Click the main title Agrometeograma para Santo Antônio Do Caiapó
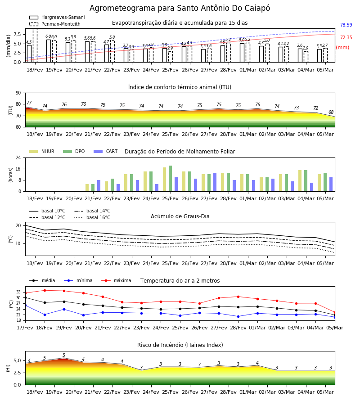pyautogui.click(x=180, y=8)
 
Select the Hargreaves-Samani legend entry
pyautogui.click(x=57, y=17)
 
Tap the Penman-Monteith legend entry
pyautogui.click(x=55, y=24)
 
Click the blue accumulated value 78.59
pyautogui.click(x=346, y=25)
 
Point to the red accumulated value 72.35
pyautogui.click(x=346, y=37)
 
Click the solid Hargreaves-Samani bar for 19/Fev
pyautogui.click(x=49, y=51)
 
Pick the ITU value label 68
pyautogui.click(x=331, y=112)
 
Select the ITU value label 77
pyautogui.click(x=29, y=103)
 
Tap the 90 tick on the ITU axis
pyautogui.click(x=18, y=93)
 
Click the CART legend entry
pyautogui.click(x=106, y=151)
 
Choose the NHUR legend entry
pyautogui.click(x=42, y=151)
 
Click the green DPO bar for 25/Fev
pyautogui.click(x=171, y=179)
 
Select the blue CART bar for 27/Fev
pyautogui.click(x=215, y=182)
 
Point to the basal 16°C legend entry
pyautogui.click(x=92, y=217)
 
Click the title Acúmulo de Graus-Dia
pyautogui.click(x=180, y=216)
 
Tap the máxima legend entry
pyautogui.click(x=116, y=280)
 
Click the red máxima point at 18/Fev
pyautogui.click(x=45, y=290)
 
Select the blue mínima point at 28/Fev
pyautogui.click(x=238, y=316)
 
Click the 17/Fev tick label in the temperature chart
pyautogui.click(x=25, y=328)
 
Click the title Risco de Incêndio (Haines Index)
pyautogui.click(x=180, y=345)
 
